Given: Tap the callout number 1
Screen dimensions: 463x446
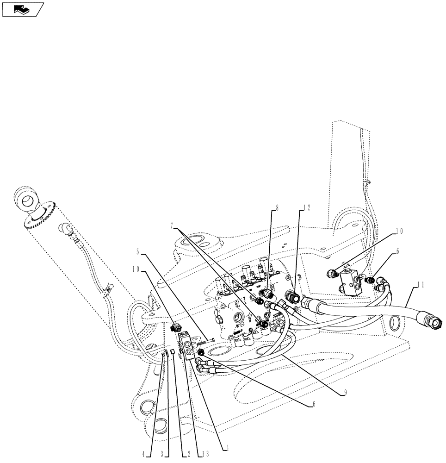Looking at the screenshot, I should pyautogui.click(x=227, y=448).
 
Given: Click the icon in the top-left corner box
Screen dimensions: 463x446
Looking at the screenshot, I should pyautogui.click(x=22, y=9).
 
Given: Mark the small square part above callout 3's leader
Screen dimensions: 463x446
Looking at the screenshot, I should pyautogui.click(x=170, y=352).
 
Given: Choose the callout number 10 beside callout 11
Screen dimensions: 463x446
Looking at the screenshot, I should pyautogui.click(x=399, y=230).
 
